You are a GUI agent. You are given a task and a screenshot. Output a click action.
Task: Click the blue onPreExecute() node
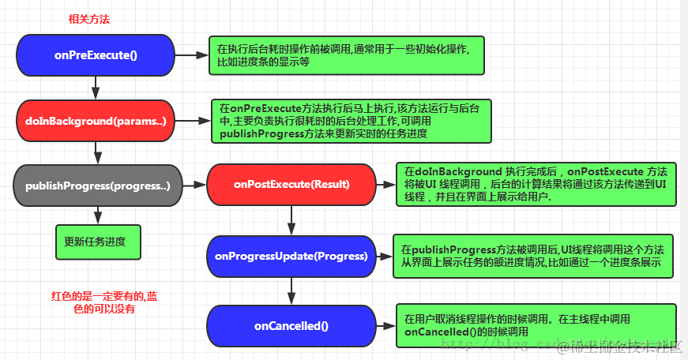(x=95, y=55)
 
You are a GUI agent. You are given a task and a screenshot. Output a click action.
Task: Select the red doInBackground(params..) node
(x=95, y=121)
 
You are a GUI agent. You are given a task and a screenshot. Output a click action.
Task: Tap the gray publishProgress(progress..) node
(x=97, y=186)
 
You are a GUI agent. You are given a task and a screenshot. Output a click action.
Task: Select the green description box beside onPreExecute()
(x=346, y=55)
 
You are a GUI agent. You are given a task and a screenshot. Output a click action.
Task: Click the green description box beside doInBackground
(x=351, y=121)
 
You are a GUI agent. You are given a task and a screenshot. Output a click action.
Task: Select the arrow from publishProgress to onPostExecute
(x=194, y=186)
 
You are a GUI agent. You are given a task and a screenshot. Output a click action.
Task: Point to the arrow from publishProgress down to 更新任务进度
(x=97, y=215)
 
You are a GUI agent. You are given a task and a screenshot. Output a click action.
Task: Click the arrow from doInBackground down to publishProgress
(x=96, y=152)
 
